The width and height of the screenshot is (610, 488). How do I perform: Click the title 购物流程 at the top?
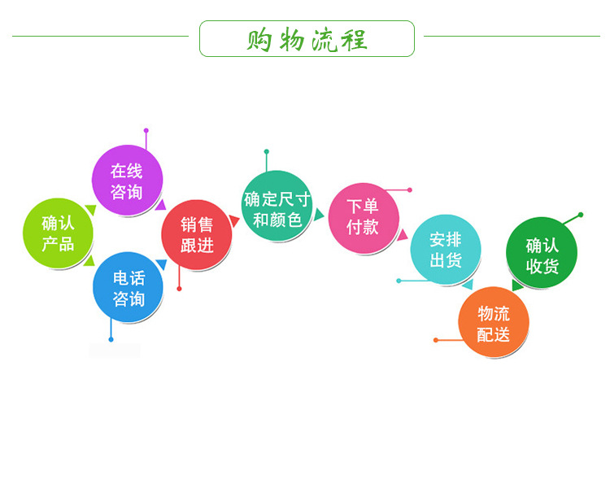coord(307,40)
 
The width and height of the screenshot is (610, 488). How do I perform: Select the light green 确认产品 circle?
coord(58,233)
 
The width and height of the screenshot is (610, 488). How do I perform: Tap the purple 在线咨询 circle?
coord(127,181)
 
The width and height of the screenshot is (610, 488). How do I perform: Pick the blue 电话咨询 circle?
coord(128,287)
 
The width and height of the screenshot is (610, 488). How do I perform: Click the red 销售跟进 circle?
coord(197,235)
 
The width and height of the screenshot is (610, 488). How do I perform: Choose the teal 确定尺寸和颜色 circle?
coord(277,206)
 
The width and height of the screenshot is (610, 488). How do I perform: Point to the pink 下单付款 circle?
coord(364,218)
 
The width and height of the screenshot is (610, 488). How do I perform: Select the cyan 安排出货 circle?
coord(446,250)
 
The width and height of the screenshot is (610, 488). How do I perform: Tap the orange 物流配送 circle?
coord(494,322)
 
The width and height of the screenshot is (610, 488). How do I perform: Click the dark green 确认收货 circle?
coord(542,253)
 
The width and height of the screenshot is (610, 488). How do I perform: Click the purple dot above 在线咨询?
coord(146,130)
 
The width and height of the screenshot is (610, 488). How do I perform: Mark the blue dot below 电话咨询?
coord(111,340)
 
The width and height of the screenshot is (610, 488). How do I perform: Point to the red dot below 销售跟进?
coord(180,289)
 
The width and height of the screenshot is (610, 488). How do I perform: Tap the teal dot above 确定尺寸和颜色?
coord(267,152)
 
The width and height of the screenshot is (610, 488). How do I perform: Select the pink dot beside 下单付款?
coord(410,190)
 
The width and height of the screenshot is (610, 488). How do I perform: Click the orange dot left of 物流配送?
coord(436,340)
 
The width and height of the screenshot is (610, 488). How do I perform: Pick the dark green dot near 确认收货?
coord(581,215)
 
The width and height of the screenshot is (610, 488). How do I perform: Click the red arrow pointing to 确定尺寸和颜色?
coord(233,220)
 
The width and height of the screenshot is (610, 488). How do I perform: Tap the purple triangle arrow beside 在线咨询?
coord(161,205)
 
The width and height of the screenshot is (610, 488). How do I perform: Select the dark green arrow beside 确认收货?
coord(517,285)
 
